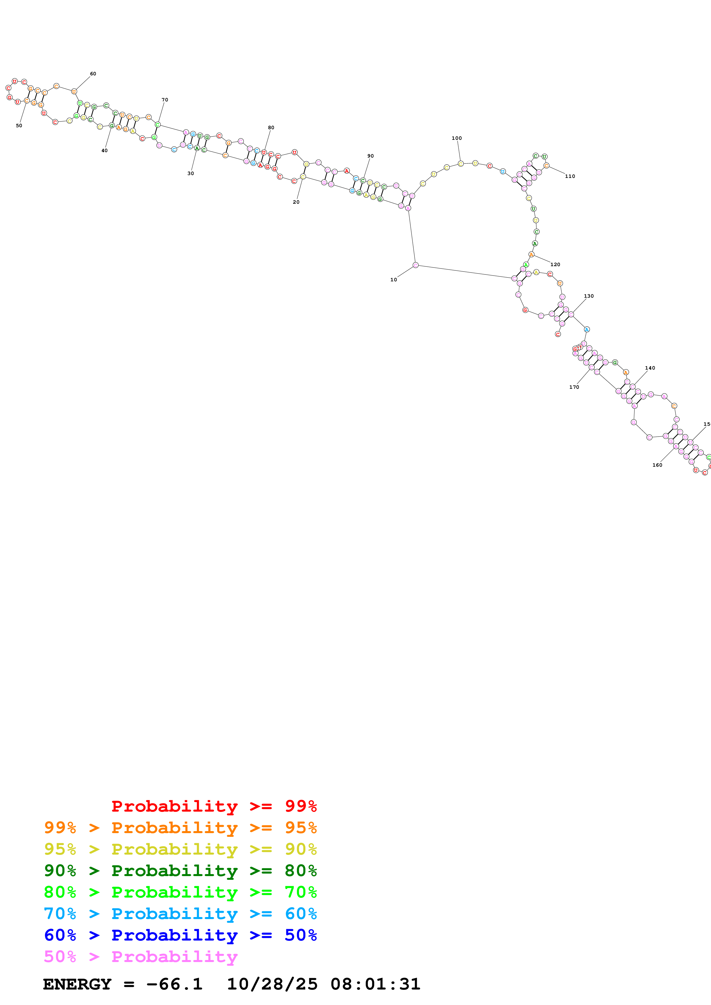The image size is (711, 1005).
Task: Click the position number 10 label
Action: pos(394,280)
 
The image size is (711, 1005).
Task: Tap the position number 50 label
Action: pos(19,125)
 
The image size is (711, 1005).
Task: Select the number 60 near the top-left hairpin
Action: pos(93,74)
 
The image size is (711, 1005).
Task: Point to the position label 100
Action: pos(457,138)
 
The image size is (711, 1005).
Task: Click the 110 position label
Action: pos(570,176)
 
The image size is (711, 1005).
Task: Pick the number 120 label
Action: pos(555,264)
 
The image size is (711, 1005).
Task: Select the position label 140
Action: pos(650,368)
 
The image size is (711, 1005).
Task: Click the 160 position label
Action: pos(657,465)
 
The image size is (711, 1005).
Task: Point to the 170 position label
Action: pos(574,387)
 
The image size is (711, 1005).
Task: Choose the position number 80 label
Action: pos(271,128)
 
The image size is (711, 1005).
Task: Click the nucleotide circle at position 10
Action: pos(415,265)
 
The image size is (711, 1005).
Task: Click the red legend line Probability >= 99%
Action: pos(214,806)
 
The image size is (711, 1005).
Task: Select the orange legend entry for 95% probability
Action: pos(180,828)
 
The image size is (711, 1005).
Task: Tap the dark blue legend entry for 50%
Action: pos(180,935)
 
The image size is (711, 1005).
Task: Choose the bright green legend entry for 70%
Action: pos(180,892)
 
